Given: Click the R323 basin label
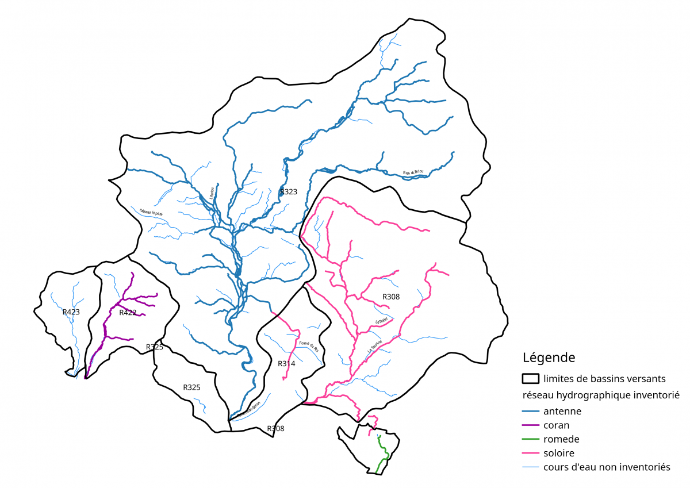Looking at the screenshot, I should [288, 192].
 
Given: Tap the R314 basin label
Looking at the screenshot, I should [286, 364].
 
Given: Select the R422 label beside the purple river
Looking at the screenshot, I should [128, 313].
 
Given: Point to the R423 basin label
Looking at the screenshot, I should [71, 312].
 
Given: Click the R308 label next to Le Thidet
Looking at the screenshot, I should [390, 297].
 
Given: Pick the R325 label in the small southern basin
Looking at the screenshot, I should [191, 387].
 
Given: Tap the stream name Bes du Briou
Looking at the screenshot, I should [414, 172].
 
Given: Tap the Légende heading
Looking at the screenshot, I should [549, 358].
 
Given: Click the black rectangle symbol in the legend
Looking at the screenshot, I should [530, 379].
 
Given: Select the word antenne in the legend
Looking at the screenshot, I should [562, 411].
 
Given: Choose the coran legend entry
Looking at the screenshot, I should [556, 425].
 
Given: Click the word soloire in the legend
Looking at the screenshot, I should [558, 453].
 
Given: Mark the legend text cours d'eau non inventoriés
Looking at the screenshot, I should [606, 467].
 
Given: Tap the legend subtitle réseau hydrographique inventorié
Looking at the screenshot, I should [601, 395].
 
